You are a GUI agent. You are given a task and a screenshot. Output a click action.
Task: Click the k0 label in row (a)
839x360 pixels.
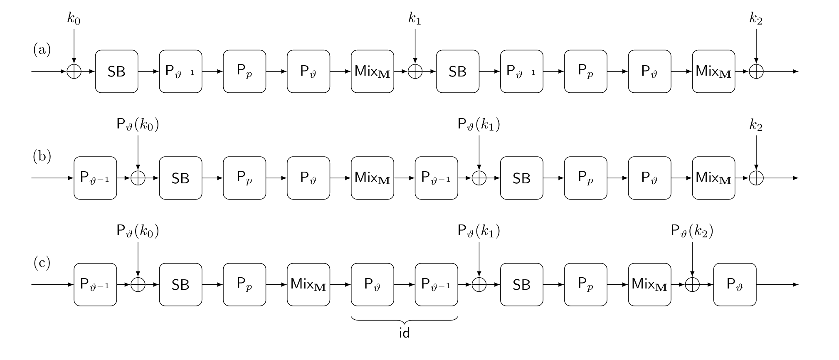(x=74, y=19)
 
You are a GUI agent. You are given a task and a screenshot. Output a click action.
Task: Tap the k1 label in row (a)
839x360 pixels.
(x=415, y=19)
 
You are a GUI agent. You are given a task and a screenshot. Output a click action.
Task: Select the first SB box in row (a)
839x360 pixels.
(x=116, y=72)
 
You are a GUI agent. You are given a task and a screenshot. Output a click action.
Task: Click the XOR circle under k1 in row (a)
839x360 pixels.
(x=415, y=72)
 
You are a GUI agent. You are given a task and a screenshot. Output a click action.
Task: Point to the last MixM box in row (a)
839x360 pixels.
(x=713, y=72)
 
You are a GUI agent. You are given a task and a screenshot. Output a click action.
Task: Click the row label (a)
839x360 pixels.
(x=42, y=50)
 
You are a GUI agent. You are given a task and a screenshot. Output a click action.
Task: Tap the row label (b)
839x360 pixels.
(x=42, y=156)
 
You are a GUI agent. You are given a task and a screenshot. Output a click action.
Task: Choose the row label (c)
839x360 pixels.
(x=42, y=263)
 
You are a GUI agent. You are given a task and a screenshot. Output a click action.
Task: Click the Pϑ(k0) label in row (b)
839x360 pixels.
(x=138, y=125)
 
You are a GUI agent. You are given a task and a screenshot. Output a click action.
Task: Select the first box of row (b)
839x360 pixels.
(x=95, y=178)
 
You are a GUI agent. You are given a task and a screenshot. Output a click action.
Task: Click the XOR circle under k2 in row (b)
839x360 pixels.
(x=756, y=178)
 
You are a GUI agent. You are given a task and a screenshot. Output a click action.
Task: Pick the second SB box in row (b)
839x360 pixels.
(x=521, y=178)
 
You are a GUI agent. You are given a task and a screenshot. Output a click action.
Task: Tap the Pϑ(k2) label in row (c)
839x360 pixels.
(x=692, y=231)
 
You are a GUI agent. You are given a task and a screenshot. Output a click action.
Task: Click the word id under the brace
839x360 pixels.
(x=404, y=333)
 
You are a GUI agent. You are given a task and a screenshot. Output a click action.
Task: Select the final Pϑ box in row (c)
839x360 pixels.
(x=735, y=284)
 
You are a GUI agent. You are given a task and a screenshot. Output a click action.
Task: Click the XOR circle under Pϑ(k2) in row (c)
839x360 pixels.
(x=692, y=284)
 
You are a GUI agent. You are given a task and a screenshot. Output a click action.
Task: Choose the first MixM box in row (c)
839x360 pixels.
(x=308, y=284)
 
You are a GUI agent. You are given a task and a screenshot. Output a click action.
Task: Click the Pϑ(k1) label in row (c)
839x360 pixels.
(x=479, y=231)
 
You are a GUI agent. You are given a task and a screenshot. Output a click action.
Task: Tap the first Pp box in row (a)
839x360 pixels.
(x=244, y=72)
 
